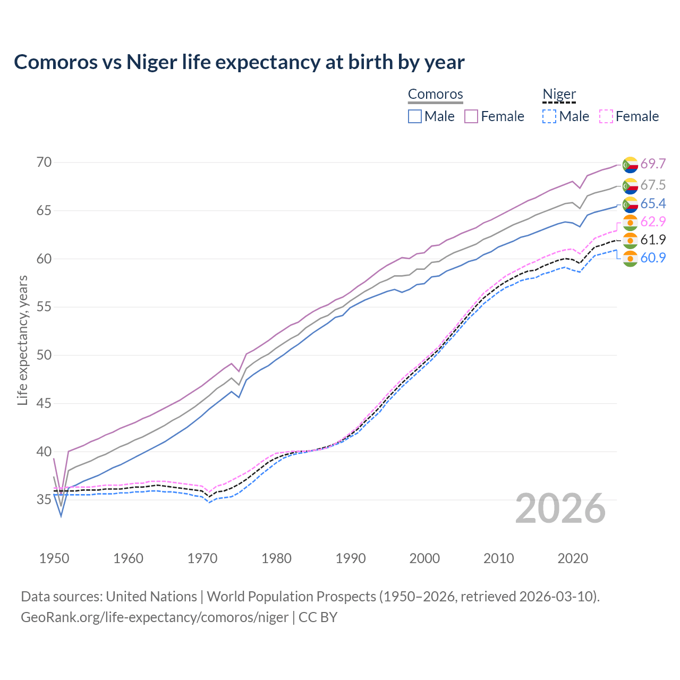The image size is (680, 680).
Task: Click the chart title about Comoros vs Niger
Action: pyautogui.click(x=239, y=62)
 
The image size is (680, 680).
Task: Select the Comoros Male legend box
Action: pyautogui.click(x=415, y=116)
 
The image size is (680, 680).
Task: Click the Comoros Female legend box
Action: pyautogui.click(x=471, y=116)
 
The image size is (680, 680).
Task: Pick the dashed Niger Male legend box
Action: pyautogui.click(x=549, y=116)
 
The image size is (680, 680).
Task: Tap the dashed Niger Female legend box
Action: pyautogui.click(x=606, y=116)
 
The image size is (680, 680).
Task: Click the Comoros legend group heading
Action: pyautogui.click(x=435, y=95)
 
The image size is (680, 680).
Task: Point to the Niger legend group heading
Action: pyautogui.click(x=559, y=95)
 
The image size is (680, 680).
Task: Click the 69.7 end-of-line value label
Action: pyautogui.click(x=653, y=164)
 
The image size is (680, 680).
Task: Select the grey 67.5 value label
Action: pyautogui.click(x=653, y=185)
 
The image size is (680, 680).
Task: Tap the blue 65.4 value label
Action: pyautogui.click(x=653, y=204)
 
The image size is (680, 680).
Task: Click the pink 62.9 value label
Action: pyautogui.click(x=653, y=222)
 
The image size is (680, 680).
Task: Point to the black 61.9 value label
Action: pyautogui.click(x=653, y=240)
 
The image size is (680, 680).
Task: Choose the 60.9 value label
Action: pyautogui.click(x=653, y=258)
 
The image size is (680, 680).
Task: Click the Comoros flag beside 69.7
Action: pyautogui.click(x=630, y=165)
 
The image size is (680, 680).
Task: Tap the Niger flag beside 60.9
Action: pyautogui.click(x=630, y=259)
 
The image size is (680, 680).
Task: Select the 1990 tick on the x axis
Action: pyautogui.click(x=351, y=558)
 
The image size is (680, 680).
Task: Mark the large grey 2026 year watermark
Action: pyautogui.click(x=560, y=508)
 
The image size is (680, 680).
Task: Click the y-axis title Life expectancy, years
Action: pyautogui.click(x=22, y=340)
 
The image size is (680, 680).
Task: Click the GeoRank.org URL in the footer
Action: pyautogui.click(x=154, y=617)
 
